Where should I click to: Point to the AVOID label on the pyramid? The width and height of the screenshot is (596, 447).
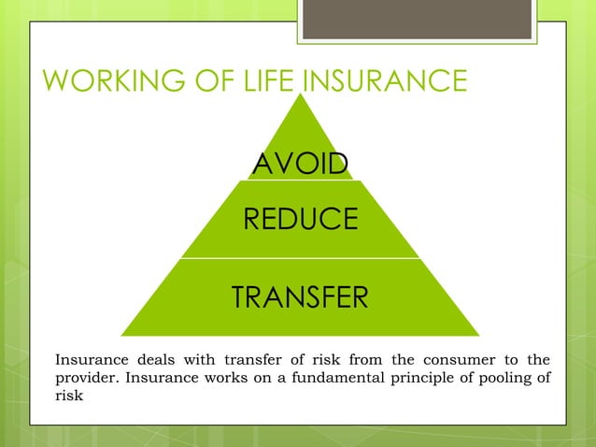[300, 165]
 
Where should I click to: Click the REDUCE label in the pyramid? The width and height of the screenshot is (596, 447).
[300, 219]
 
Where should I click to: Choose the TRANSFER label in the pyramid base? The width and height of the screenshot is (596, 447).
[300, 297]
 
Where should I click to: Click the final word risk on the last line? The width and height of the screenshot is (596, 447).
[69, 396]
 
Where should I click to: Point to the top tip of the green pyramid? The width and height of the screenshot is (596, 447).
[300, 90]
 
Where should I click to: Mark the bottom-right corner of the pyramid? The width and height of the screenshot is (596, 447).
[478, 335]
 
